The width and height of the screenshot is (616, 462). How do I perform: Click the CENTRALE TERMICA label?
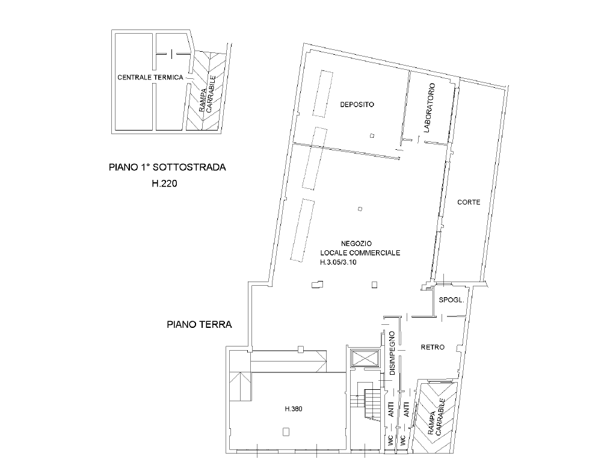click(150, 78)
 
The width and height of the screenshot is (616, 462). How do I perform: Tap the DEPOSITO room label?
click(357, 105)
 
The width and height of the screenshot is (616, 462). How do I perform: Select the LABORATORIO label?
click(430, 108)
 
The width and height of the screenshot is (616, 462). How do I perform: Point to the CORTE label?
click(469, 202)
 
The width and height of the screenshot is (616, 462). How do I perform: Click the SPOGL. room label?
click(451, 300)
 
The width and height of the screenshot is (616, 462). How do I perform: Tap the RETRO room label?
click(433, 347)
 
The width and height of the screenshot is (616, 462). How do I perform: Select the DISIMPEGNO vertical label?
click(392, 353)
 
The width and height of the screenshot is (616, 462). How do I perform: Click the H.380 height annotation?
click(294, 409)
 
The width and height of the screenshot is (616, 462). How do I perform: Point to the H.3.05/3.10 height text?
click(338, 262)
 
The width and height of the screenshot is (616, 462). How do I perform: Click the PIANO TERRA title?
click(199, 324)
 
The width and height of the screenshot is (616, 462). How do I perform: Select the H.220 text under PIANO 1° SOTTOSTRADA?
click(165, 183)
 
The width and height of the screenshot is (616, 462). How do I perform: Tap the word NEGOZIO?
click(356, 244)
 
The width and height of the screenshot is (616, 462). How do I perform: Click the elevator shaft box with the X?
click(365, 359)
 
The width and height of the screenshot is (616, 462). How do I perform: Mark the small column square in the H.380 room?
click(286, 432)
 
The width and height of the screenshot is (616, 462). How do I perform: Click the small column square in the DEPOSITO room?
click(372, 136)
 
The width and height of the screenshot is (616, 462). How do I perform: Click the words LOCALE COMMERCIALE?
click(360, 253)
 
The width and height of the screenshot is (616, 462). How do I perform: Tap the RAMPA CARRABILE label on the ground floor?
click(436, 417)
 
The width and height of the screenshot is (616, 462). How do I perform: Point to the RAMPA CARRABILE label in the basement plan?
click(207, 94)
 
